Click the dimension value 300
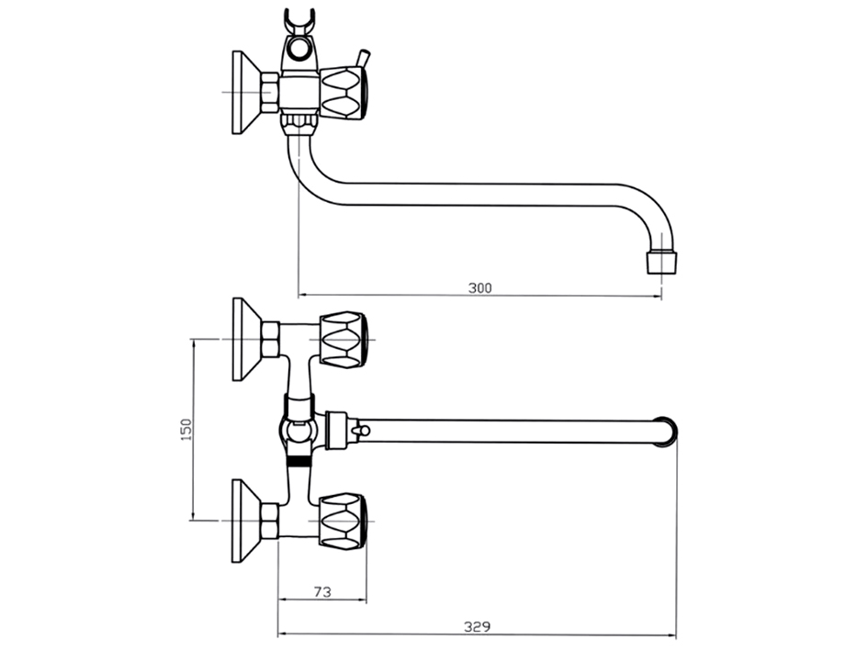479,287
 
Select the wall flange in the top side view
245,91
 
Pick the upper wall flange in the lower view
245,339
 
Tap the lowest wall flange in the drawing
245,520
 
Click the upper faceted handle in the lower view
344,339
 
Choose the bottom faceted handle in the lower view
344,520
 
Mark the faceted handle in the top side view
344,91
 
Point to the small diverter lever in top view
365,59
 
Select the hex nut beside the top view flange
270,93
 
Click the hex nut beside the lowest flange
270,520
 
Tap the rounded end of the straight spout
668,431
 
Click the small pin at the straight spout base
361,430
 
